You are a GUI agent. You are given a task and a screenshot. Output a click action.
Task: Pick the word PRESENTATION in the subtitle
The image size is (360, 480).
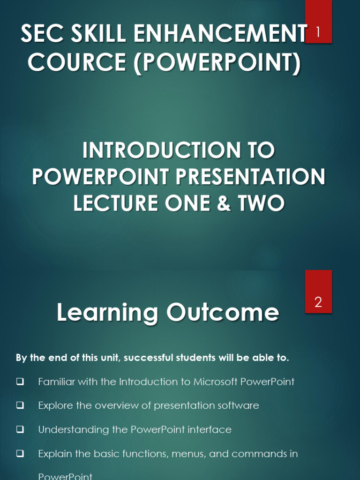tap(251, 177)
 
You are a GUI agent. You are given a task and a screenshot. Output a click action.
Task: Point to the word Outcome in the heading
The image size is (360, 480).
tap(223, 313)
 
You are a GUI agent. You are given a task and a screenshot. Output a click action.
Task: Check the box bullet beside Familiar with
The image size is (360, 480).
tap(20, 382)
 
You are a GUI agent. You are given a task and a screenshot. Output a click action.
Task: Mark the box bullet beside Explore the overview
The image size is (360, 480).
tap(20, 406)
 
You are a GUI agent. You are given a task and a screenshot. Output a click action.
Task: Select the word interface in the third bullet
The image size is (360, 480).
tap(210, 429)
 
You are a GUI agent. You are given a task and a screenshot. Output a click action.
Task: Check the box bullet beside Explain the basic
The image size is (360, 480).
tap(20, 454)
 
